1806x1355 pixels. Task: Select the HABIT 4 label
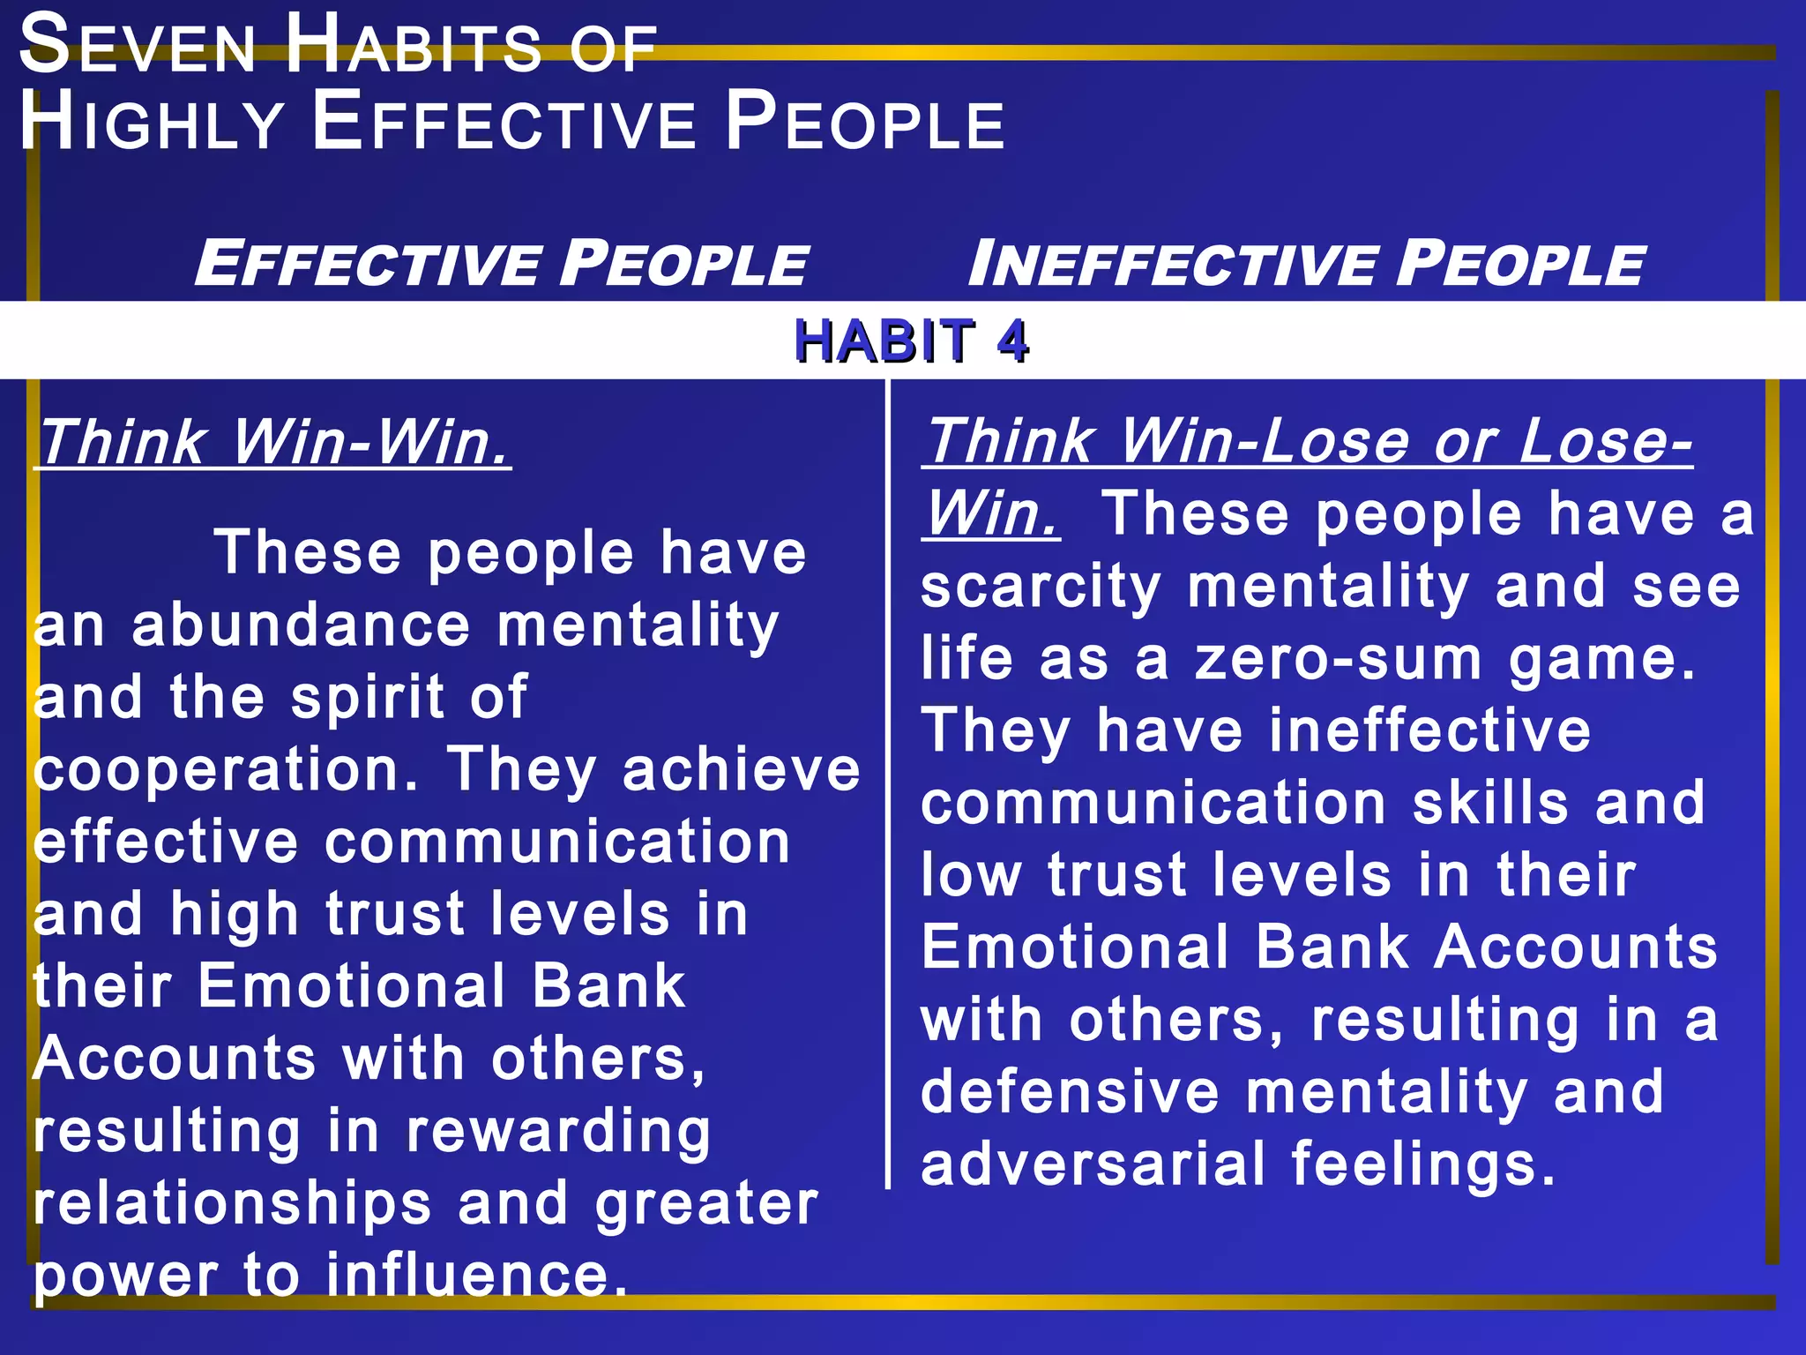point(911,341)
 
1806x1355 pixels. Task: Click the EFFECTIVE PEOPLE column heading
point(500,263)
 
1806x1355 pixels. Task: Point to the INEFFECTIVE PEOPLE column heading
point(1305,263)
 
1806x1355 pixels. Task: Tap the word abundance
point(301,625)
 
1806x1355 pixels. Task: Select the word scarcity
point(1041,587)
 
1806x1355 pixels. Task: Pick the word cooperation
point(225,770)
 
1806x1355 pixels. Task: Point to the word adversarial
point(1093,1164)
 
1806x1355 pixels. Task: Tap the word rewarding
point(557,1132)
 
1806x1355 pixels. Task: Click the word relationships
point(232,1203)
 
